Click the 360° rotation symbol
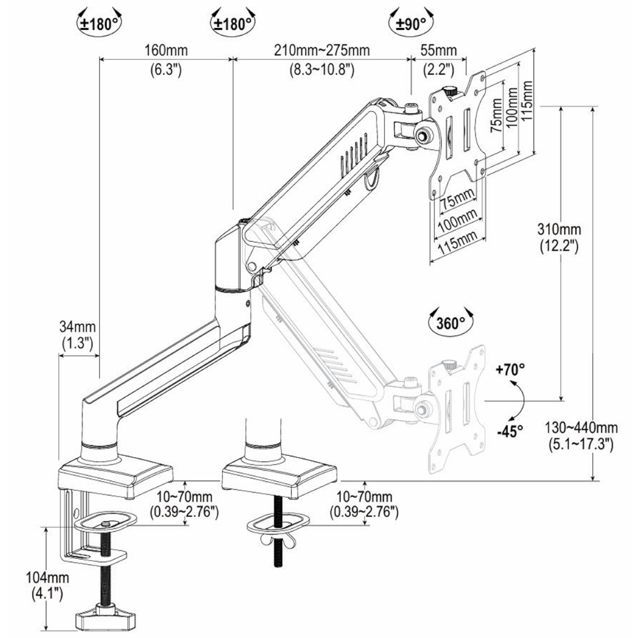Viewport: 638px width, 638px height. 451,323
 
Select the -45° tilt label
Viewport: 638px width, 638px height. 510,430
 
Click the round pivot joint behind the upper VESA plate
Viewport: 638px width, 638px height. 423,133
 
